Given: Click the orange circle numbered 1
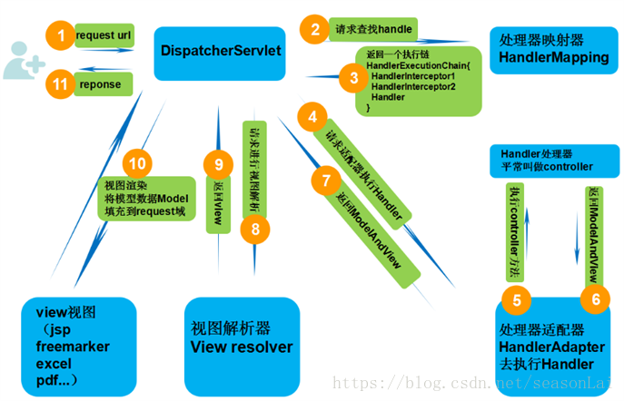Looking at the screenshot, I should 61,36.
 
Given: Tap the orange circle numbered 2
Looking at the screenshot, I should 315,29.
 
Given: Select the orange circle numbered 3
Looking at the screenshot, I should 354,77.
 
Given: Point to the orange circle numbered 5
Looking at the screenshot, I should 517,300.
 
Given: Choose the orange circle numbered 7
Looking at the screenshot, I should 325,179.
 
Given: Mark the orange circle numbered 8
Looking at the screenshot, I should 255,229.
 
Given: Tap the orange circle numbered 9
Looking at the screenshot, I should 219,164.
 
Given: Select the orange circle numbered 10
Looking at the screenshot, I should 137,163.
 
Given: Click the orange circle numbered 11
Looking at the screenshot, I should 61,83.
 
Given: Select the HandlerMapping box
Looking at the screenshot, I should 554,50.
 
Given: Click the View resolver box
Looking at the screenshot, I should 242,337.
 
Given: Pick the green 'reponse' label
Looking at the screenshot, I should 104,83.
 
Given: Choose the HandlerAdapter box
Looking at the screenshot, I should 552,346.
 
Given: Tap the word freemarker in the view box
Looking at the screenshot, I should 73,347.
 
